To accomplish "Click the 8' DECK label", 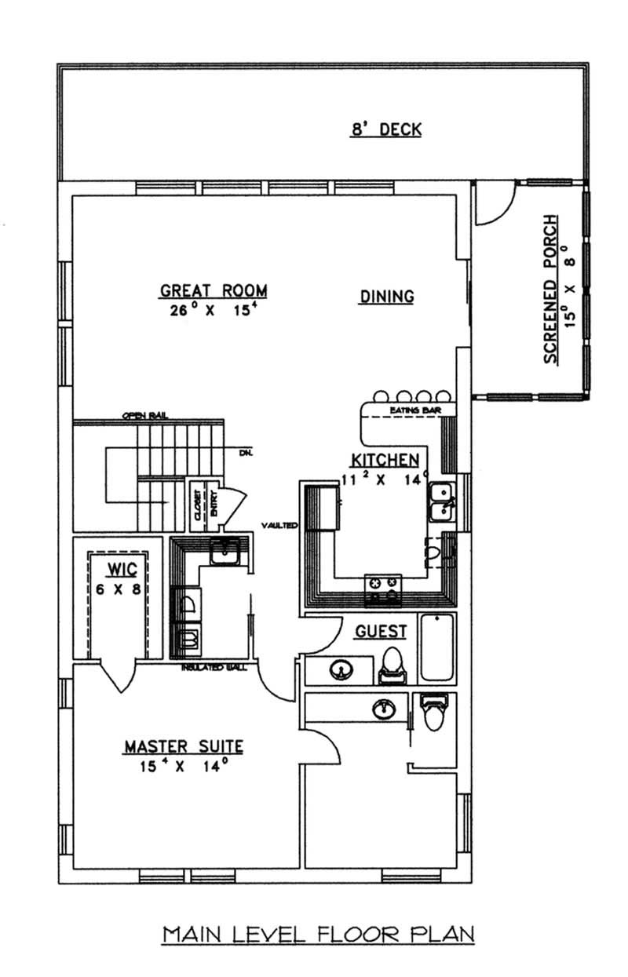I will point(385,129).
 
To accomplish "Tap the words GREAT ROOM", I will point(214,290).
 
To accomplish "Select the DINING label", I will point(386,296).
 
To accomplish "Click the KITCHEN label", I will point(384,460).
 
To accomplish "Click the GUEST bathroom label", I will point(382,631).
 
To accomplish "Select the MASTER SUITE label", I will point(182,746).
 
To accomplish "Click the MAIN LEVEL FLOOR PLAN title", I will point(318,934).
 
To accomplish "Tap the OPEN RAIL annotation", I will point(146,416).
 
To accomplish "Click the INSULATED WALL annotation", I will point(214,668).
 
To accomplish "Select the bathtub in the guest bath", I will point(437,648).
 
